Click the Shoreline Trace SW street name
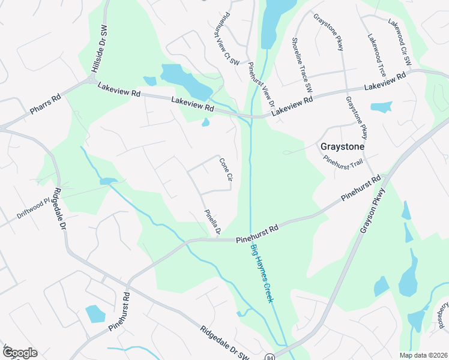[302, 64]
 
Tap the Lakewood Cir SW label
[399, 41]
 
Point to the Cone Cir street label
[225, 169]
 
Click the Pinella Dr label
[212, 222]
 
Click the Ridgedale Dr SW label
[224, 343]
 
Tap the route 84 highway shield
[270, 356]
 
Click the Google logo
[19, 353]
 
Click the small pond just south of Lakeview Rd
[205, 122]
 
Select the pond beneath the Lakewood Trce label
[381, 107]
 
